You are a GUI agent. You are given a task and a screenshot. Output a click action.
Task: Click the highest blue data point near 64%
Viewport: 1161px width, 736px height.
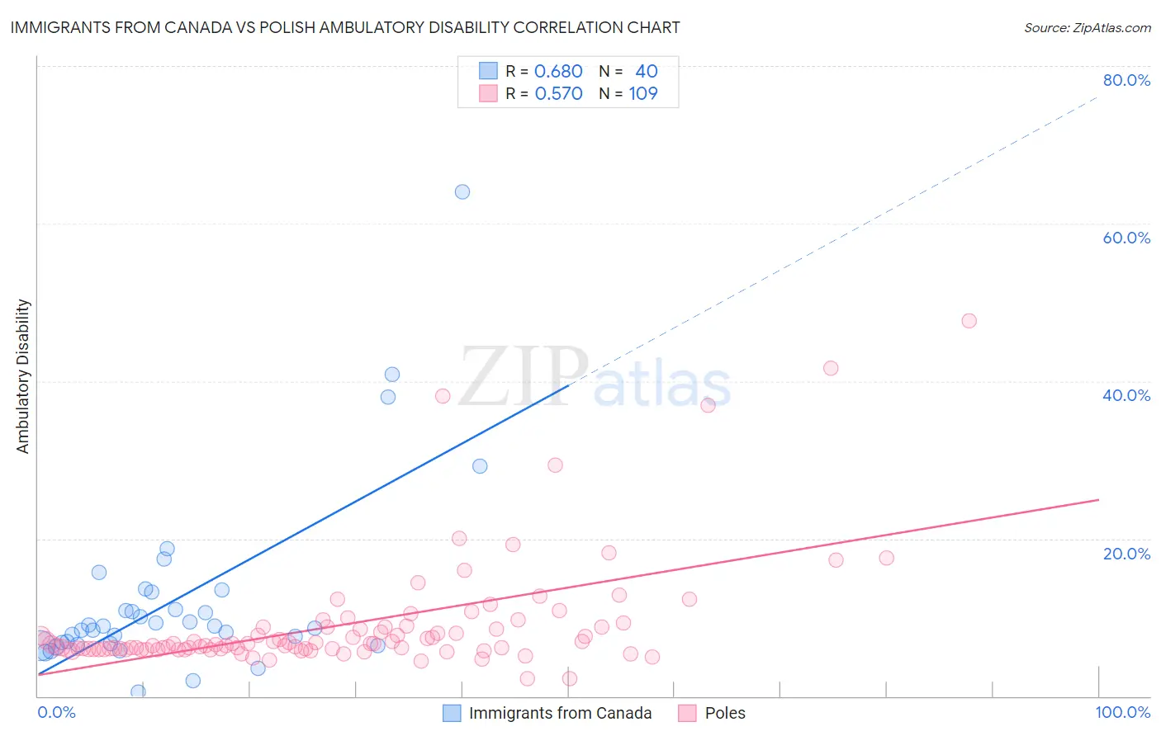point(462,191)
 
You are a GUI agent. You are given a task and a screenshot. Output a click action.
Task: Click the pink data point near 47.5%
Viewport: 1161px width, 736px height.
point(969,320)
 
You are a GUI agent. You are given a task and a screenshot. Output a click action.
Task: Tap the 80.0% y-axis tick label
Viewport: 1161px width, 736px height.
point(1126,80)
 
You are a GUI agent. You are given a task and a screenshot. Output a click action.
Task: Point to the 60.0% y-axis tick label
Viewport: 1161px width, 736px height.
point(1126,238)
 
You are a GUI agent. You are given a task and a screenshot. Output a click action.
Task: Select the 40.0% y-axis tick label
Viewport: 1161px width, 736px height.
point(1126,395)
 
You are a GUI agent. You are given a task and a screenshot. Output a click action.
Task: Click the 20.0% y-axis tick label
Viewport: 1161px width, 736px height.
point(1126,554)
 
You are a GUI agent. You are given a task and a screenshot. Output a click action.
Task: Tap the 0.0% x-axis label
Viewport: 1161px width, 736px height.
point(56,712)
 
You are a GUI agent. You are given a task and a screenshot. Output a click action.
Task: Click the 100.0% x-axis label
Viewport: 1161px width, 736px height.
point(1122,712)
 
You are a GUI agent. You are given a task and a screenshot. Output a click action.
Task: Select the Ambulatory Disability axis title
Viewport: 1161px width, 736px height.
point(23,376)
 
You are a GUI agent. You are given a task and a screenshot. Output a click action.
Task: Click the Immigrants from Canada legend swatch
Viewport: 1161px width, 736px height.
point(452,713)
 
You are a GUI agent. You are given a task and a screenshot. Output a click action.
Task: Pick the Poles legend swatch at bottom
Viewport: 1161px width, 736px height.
point(687,713)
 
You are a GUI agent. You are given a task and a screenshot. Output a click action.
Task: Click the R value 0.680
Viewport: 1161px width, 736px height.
point(558,71)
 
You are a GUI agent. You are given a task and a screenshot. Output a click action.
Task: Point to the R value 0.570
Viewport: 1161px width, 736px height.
point(558,93)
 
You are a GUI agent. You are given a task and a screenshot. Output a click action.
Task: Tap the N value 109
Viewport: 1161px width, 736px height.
point(643,93)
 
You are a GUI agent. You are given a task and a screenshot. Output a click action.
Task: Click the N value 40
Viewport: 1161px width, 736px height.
point(646,71)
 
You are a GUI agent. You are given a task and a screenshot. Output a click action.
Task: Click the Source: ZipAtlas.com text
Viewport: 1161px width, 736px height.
point(1087,27)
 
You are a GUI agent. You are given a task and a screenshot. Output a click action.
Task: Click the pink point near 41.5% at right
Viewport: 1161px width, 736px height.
point(831,368)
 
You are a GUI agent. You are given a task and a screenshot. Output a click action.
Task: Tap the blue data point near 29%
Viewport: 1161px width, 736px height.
point(480,466)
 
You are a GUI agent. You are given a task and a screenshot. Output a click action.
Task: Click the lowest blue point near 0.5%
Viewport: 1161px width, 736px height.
point(138,691)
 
